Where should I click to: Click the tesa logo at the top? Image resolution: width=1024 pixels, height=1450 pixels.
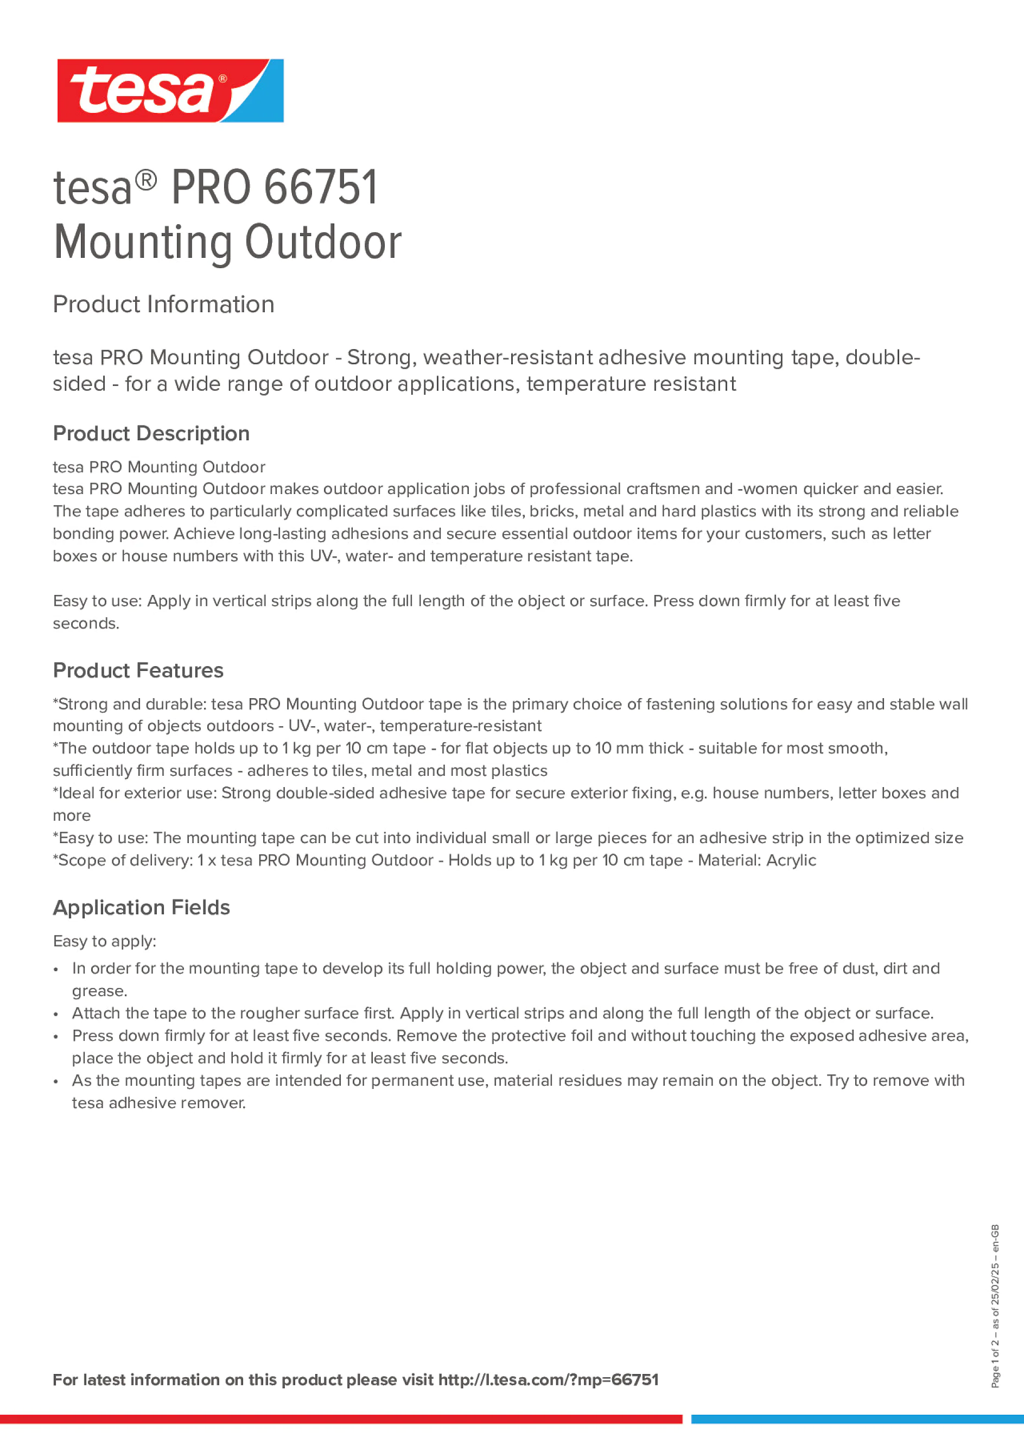[x=170, y=91]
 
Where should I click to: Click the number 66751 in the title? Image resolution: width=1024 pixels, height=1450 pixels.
[x=320, y=188]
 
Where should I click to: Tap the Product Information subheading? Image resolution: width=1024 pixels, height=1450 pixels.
[x=163, y=305]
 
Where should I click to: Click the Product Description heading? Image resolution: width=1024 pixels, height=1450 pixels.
[x=151, y=434]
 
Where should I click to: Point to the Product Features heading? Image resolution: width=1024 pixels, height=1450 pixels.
[x=138, y=670]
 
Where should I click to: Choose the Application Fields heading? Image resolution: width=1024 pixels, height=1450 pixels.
[x=142, y=908]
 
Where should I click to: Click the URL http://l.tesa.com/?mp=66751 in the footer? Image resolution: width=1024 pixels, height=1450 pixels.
[x=548, y=1380]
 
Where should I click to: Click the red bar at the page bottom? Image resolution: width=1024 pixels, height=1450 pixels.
[x=341, y=1419]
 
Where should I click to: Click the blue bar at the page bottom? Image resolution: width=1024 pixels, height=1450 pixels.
[x=857, y=1419]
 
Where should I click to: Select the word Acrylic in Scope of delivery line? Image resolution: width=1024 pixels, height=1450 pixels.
[x=791, y=861]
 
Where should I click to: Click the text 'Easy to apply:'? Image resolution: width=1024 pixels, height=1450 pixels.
[x=104, y=942]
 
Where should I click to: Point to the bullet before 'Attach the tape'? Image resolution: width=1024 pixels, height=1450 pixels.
[x=56, y=1015]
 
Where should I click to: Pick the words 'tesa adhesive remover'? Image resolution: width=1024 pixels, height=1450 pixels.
[x=158, y=1103]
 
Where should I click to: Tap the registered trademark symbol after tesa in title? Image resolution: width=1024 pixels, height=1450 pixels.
[x=146, y=181]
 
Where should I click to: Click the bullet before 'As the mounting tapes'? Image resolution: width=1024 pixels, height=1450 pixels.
[x=56, y=1082]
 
